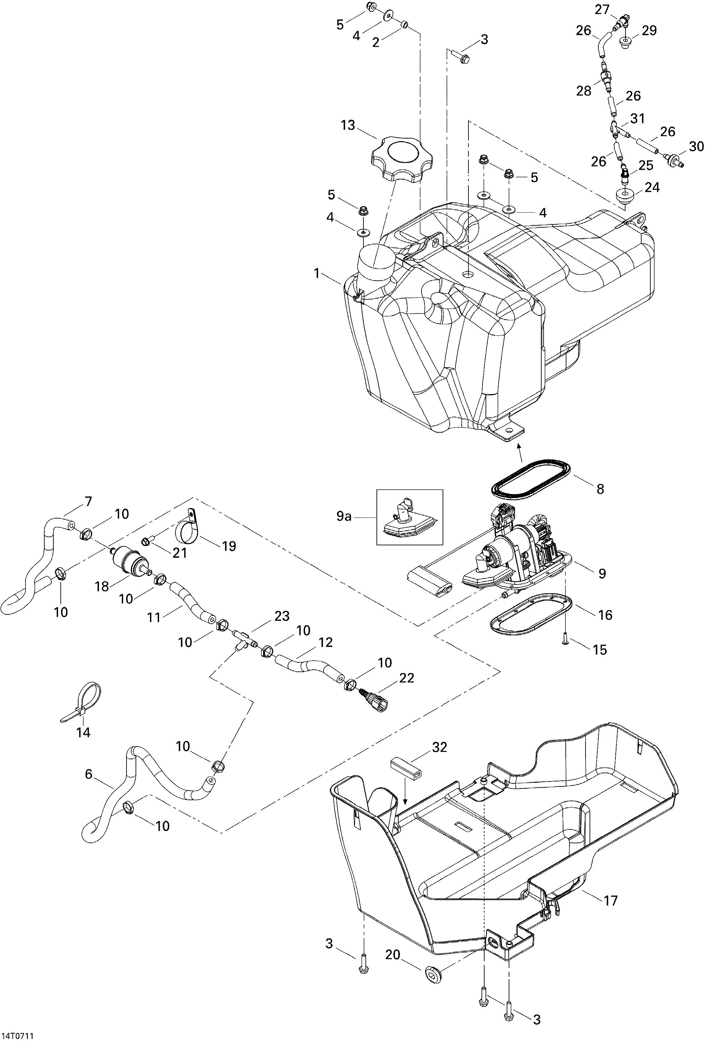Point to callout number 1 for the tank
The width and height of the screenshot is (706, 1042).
pyautogui.click(x=317, y=273)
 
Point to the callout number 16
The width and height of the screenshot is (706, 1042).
pyautogui.click(x=605, y=615)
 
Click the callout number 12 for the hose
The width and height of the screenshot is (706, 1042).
pyautogui.click(x=325, y=643)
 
